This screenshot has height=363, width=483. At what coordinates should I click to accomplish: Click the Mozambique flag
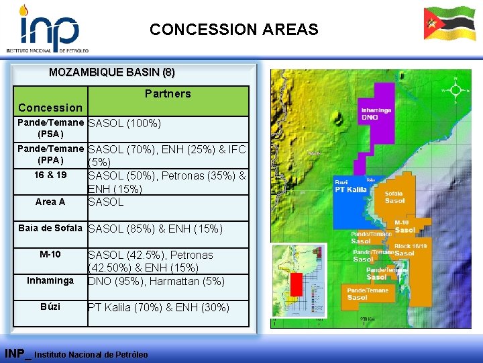coord(449,24)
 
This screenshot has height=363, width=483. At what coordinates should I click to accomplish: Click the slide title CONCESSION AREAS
coord(234,30)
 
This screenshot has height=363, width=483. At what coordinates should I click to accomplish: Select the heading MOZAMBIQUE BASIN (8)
coord(112,72)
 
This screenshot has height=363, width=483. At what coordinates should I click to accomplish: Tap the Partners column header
coord(168,93)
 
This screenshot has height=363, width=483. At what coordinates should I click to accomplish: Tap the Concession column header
coord(50,108)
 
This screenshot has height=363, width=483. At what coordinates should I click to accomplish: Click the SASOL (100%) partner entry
coord(125,123)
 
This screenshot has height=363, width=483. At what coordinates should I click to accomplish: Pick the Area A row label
coord(50,202)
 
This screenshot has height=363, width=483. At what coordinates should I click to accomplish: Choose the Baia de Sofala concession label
coord(50,229)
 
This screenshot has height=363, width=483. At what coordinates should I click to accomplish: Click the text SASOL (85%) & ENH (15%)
coord(156,229)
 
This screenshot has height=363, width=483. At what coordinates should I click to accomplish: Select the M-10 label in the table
coord(50,254)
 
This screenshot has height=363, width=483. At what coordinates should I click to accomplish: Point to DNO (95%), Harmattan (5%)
coord(156,282)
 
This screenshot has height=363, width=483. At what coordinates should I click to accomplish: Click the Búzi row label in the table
coord(50,307)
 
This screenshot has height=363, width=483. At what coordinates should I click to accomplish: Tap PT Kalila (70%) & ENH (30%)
coord(158,308)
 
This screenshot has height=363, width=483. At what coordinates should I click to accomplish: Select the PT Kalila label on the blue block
coord(351,190)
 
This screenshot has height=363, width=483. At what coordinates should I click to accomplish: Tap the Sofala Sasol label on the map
coord(394,197)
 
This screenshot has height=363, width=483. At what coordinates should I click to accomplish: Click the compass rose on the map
coord(455,89)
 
